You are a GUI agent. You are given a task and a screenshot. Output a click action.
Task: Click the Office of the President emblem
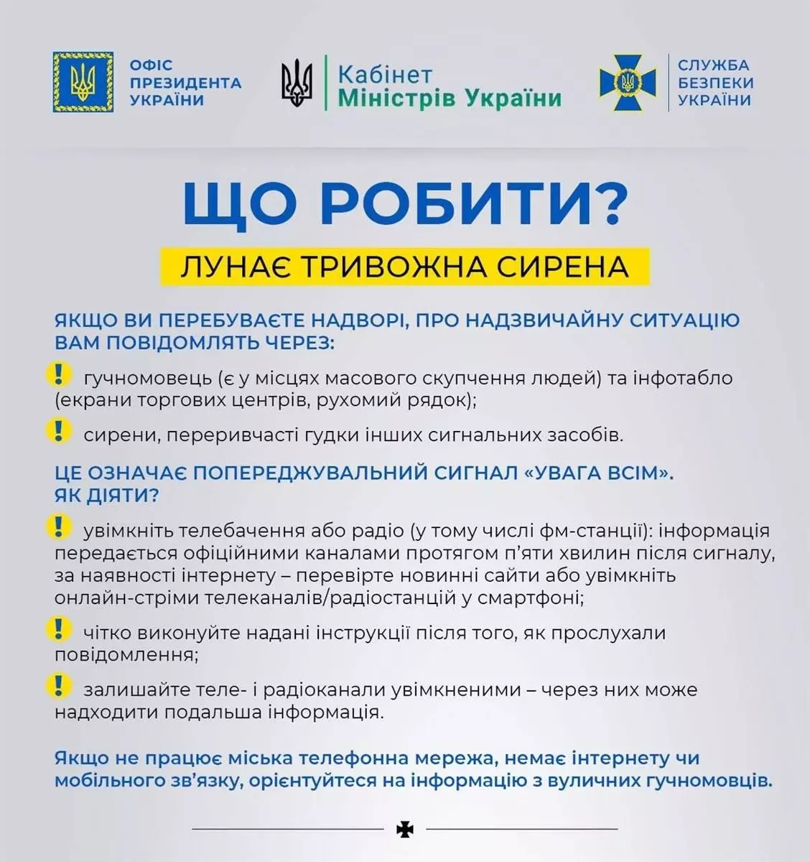tap(83, 82)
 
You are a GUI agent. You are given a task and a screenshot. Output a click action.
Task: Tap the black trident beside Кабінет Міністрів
tap(297, 82)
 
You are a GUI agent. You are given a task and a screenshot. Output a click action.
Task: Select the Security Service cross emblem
tap(628, 82)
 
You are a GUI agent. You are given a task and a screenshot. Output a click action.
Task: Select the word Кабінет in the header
tap(385, 75)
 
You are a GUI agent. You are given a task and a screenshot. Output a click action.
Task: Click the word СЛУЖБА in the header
tap(713, 65)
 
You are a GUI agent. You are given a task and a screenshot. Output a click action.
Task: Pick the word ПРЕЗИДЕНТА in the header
tap(186, 83)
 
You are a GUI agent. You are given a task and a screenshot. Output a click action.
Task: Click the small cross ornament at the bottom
tap(405, 830)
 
